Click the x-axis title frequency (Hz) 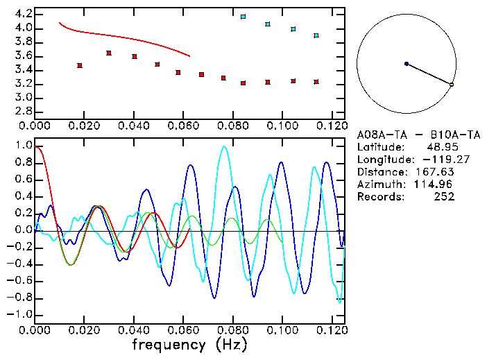pyautogui.click(x=189, y=344)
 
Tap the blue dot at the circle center pyautogui.click(x=407, y=64)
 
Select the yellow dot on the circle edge pyautogui.click(x=452, y=85)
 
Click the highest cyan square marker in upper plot pyautogui.click(x=243, y=16)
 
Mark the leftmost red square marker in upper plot pyautogui.click(x=80, y=65)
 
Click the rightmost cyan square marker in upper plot pyautogui.click(x=316, y=35)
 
